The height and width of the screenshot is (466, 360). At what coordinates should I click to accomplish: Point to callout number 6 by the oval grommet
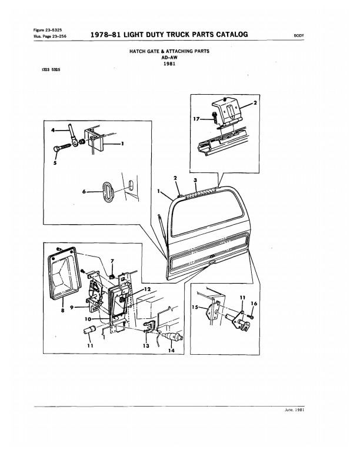click(x=85, y=192)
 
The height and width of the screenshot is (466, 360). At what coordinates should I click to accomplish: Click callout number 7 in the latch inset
click(x=114, y=260)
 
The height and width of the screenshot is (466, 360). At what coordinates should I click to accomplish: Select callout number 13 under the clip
click(x=146, y=346)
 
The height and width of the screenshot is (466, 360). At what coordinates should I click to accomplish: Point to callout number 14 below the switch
click(x=172, y=350)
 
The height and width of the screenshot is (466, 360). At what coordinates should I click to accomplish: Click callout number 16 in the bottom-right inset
click(x=254, y=304)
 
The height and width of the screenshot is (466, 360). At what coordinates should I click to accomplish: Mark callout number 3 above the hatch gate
click(x=195, y=178)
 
